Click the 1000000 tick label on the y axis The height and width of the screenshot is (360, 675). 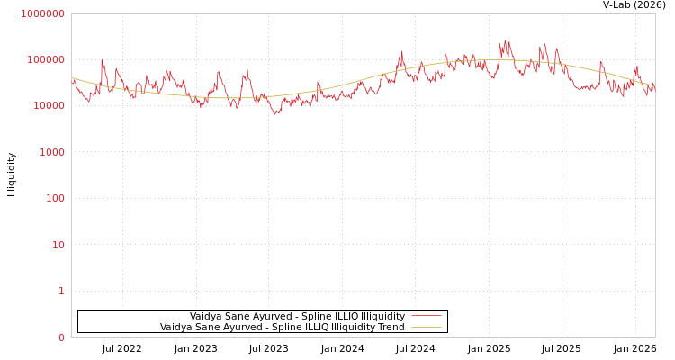point(42,13)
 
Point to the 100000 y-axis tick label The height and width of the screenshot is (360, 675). point(45,59)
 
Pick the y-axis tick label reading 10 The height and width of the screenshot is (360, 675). point(58,245)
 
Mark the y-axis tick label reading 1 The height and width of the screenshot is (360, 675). point(61,291)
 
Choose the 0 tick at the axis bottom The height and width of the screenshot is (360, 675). point(61,337)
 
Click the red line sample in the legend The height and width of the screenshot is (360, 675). point(426,316)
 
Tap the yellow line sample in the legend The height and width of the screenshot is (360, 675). point(426,327)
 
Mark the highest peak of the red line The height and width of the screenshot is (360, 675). point(506,40)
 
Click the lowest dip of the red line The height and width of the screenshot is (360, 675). point(276,114)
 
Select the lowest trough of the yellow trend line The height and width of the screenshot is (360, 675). point(241,97)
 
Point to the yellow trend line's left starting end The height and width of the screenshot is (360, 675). point(72,78)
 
